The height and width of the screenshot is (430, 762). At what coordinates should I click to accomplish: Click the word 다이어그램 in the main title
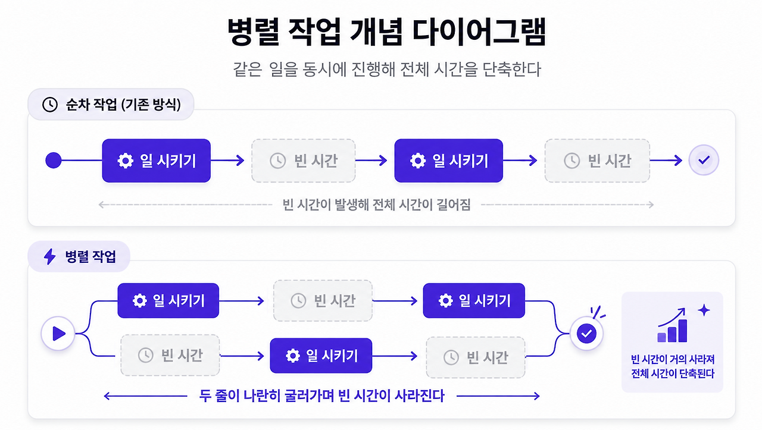point(479,32)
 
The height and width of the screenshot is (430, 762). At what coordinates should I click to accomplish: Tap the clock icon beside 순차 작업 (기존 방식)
point(50,104)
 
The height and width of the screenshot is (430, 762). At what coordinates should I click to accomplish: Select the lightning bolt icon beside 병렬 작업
point(49,256)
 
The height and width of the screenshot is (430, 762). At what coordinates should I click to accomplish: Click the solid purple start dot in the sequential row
point(54,160)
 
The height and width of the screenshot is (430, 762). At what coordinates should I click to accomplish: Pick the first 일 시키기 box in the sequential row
point(156,161)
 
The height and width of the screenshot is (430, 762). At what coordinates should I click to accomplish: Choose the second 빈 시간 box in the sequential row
point(597,161)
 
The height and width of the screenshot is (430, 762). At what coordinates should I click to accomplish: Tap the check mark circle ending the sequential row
point(704,160)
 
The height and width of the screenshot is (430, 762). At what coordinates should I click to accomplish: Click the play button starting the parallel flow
point(58,334)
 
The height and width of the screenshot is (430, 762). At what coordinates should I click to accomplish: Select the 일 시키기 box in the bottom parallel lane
point(321,356)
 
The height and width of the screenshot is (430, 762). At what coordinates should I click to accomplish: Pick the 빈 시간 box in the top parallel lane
point(323,300)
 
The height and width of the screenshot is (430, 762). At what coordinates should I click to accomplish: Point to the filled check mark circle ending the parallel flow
point(586,334)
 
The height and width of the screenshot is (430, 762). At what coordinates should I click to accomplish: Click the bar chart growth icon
point(672,325)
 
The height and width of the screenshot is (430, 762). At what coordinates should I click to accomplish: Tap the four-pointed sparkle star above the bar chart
point(704,310)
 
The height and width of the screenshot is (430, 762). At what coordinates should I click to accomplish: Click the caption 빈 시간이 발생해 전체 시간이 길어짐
point(377,205)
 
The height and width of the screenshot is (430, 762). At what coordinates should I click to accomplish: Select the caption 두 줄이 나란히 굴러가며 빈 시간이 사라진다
point(322,396)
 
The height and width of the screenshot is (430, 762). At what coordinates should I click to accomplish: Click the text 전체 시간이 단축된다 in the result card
point(673,373)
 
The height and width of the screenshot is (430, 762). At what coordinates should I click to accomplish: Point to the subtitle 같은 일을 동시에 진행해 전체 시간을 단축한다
point(387,70)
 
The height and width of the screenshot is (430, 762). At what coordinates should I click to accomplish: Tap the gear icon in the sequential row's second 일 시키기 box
point(418,161)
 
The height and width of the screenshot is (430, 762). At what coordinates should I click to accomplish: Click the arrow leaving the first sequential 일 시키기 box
point(227,160)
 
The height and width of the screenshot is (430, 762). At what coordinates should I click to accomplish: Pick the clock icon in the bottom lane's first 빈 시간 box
point(146,355)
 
